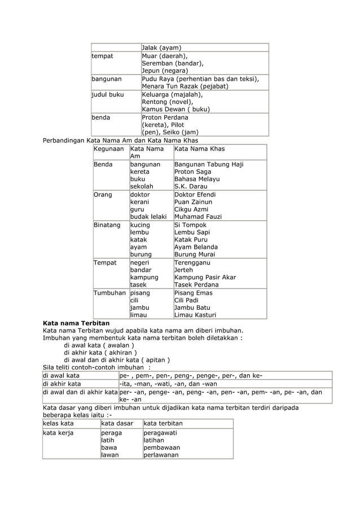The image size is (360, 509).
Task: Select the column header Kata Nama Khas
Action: point(199,148)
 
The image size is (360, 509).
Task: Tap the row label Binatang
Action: point(107,225)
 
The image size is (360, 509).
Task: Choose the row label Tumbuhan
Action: point(110,293)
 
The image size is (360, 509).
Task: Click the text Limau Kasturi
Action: point(195,315)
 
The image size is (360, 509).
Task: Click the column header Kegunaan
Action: point(109,148)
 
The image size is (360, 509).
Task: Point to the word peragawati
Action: point(160,433)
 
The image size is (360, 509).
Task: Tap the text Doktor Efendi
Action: point(195,194)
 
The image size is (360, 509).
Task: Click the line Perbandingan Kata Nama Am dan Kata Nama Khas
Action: point(121,140)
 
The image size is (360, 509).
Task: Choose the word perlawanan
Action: point(161,455)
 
